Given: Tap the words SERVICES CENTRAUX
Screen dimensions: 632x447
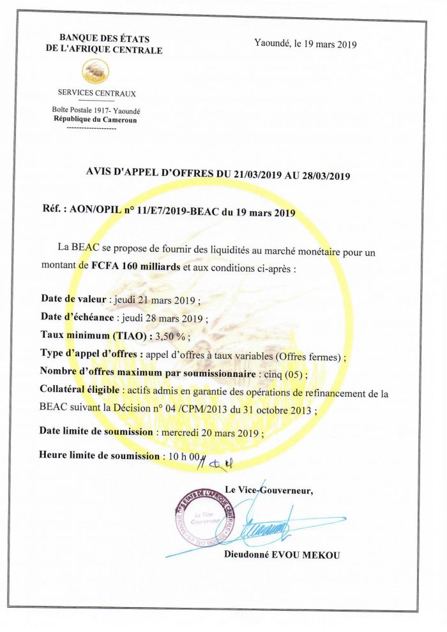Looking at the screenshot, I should [x=96, y=94].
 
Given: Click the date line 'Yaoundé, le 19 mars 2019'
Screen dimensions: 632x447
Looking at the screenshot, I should [x=305, y=45].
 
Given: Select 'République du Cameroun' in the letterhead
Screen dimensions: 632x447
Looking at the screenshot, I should [x=95, y=119].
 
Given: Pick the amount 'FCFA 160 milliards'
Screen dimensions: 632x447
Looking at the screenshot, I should [x=135, y=268].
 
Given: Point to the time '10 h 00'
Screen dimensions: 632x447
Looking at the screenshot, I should [x=184, y=456].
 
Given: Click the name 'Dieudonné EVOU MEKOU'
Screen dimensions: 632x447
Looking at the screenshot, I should [x=282, y=555].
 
